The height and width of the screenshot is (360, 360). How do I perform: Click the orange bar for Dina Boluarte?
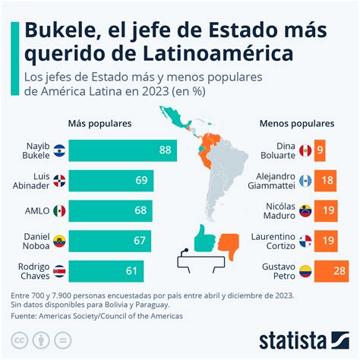click(321, 150)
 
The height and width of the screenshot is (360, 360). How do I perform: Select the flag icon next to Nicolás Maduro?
click(305, 210)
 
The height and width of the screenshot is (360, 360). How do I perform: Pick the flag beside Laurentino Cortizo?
click(305, 241)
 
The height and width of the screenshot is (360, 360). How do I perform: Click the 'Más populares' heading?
click(99, 122)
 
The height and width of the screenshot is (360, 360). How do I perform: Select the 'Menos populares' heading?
click(291, 122)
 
